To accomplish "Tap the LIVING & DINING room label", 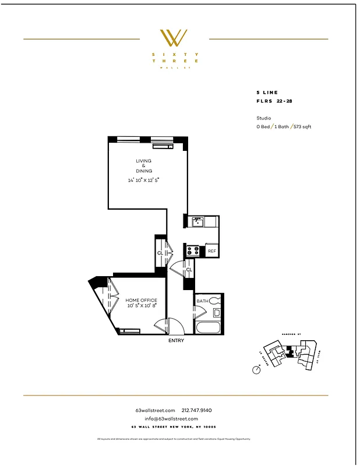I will click(144, 165).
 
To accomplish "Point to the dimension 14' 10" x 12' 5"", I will click(144, 180).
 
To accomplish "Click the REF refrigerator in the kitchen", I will click(212, 251).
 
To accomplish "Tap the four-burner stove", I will click(193, 251).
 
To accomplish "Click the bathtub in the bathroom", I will click(209, 327).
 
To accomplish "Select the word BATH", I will click(202, 301).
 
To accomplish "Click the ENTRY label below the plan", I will click(176, 341).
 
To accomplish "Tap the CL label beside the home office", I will click(160, 253).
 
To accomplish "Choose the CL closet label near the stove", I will click(189, 270).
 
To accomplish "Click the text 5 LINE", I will click(267, 93).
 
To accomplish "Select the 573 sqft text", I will click(302, 126).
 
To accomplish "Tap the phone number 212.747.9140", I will click(201, 410).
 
